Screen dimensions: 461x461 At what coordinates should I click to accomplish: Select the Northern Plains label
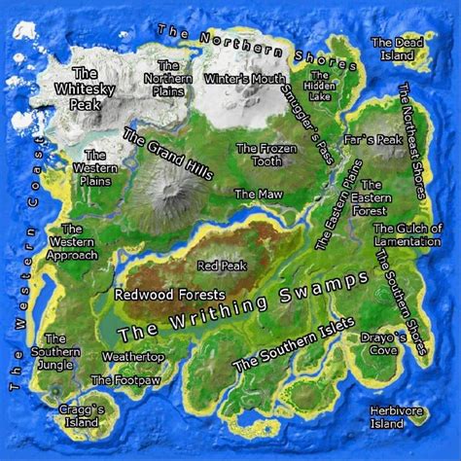(167, 78)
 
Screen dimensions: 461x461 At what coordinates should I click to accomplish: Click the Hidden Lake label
(319, 88)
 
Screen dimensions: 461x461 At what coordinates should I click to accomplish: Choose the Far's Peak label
(379, 140)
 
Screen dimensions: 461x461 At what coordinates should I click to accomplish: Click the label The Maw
(259, 195)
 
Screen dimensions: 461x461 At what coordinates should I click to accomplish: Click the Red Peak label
(222, 265)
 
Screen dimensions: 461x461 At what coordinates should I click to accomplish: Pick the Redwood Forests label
(170, 294)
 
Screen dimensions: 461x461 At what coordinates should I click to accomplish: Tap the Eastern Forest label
(371, 196)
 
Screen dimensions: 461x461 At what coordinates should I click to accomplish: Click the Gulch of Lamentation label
(408, 234)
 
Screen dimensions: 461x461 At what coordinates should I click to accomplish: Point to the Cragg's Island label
(76, 416)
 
